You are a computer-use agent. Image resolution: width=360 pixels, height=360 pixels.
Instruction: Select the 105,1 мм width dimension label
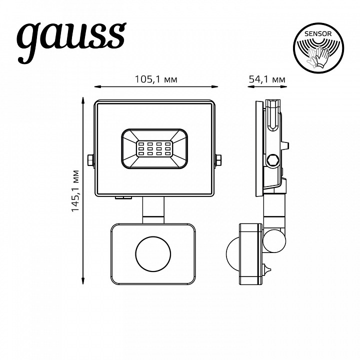click(x=156, y=79)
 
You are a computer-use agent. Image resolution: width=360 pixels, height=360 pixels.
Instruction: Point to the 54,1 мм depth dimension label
click(x=266, y=79)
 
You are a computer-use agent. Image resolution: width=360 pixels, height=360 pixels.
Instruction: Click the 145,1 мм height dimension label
click(x=75, y=191)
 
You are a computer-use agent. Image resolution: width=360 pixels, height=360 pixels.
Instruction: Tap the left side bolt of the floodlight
click(x=90, y=160)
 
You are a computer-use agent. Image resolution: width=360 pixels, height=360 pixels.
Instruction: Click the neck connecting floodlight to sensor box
click(x=153, y=210)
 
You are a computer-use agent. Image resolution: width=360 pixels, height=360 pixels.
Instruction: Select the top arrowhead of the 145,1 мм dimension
click(x=83, y=101)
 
